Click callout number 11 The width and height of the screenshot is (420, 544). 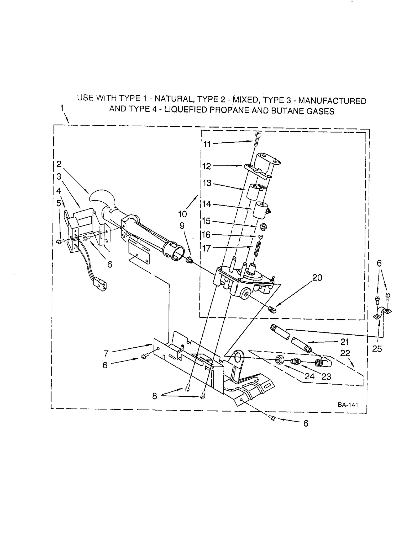tap(207, 144)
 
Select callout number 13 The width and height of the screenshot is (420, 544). tap(207, 183)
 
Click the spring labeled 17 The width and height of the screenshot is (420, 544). tap(258, 247)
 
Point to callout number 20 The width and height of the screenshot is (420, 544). tap(317, 278)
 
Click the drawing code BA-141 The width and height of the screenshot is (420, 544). tap(348, 405)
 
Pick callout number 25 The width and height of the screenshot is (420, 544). tap(377, 349)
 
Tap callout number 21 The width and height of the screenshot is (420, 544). tap(344, 342)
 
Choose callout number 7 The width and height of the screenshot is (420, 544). tap(106, 354)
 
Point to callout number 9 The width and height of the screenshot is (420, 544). tap(182, 226)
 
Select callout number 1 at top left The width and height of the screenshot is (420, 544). tap(62, 108)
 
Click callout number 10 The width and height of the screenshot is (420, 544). tap(182, 214)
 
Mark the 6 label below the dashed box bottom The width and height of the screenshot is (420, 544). tap(306, 423)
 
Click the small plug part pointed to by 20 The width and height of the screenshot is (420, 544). tap(272, 309)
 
